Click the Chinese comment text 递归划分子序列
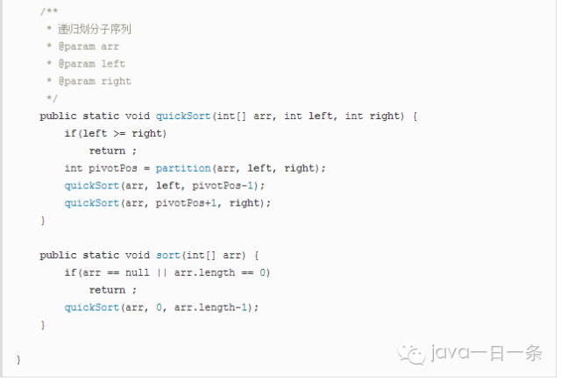95,29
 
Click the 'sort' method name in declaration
167,255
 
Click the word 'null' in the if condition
137,272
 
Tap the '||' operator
161,272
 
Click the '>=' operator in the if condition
118,133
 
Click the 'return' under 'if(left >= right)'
107,151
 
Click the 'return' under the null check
107,290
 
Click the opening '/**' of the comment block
46,11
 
